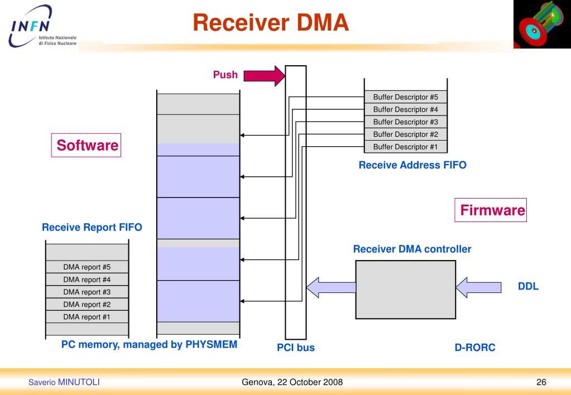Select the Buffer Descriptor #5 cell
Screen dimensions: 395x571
coord(405,97)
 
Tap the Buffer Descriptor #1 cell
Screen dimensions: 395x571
coord(405,147)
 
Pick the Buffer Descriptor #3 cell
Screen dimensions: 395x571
coord(405,122)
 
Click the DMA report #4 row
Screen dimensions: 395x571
coord(87,279)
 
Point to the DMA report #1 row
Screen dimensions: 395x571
coord(87,316)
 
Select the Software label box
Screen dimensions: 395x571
coord(87,146)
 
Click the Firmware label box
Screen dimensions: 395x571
coord(491,210)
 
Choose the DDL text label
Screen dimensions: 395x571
coord(528,287)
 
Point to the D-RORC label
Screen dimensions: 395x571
coord(475,348)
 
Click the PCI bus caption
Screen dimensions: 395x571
coord(296,348)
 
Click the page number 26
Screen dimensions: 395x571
coord(541,382)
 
